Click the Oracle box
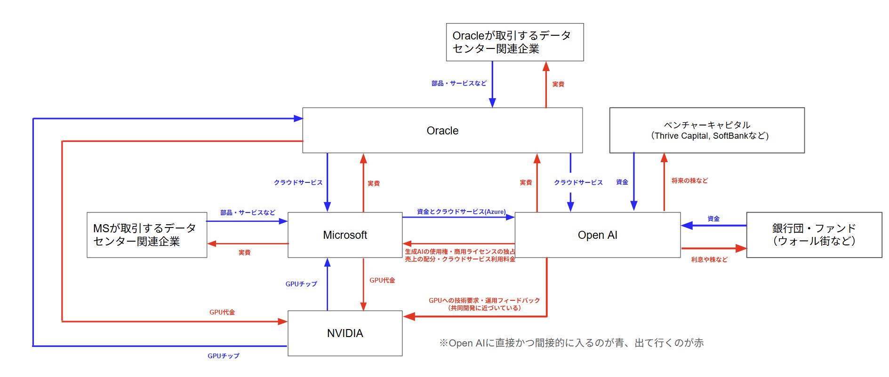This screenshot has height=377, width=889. (442, 130)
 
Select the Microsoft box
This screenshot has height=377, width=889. (345, 235)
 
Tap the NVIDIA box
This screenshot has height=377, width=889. (345, 333)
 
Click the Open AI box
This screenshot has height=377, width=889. (597, 235)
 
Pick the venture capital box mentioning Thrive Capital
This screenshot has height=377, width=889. (706, 130)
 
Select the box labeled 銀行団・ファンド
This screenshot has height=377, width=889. (814, 235)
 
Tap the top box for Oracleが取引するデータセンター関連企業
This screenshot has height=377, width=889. (514, 42)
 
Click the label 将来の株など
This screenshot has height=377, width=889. (689, 181)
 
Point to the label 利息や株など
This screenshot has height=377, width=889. (709, 259)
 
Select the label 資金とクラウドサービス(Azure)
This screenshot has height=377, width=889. (461, 212)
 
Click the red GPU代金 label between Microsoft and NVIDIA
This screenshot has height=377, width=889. (382, 280)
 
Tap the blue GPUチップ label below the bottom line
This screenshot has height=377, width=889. (224, 356)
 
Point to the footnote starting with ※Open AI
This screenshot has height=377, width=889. (571, 343)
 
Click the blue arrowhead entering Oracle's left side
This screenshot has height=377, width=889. (298, 118)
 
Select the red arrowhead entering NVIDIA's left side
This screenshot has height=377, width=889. (283, 322)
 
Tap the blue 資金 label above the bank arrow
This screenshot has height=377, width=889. (713, 219)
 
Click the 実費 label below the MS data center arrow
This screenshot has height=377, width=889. (244, 252)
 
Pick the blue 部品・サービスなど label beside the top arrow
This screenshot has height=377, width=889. (459, 83)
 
